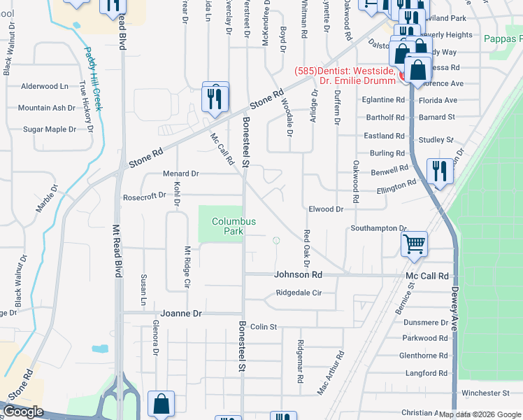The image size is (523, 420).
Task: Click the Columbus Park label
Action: click(x=234, y=225)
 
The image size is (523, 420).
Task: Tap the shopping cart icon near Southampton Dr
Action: click(x=414, y=244)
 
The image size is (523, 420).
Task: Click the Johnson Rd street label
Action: click(x=298, y=275)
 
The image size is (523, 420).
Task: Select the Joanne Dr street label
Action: click(x=181, y=314)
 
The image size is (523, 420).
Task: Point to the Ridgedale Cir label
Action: click(x=298, y=293)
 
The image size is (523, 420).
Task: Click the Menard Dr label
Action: click(x=181, y=173)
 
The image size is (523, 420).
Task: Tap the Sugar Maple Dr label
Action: click(x=50, y=129)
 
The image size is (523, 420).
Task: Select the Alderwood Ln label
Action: click(x=45, y=86)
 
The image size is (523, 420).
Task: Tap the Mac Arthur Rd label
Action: click(x=330, y=374)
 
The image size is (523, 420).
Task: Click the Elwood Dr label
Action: click(x=326, y=209)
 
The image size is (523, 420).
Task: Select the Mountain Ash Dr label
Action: click(x=46, y=108)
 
